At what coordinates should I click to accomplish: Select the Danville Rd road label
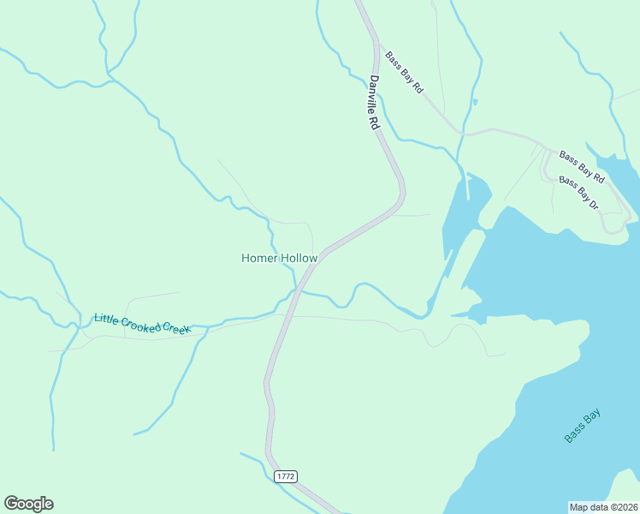pos(374,103)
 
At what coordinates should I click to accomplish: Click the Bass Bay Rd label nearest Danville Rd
pos(404,73)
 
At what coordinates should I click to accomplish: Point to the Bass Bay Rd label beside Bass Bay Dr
pos(582,167)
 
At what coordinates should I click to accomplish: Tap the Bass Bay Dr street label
pos(578,193)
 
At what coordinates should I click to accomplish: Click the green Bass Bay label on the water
pos(583,426)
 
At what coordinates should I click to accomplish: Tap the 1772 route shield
pos(286,475)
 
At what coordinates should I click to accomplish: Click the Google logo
pos(28,504)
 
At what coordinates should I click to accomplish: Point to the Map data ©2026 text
pos(603,506)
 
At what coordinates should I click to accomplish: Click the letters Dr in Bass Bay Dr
pos(593,204)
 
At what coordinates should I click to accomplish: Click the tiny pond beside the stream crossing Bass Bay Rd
pos(475,102)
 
